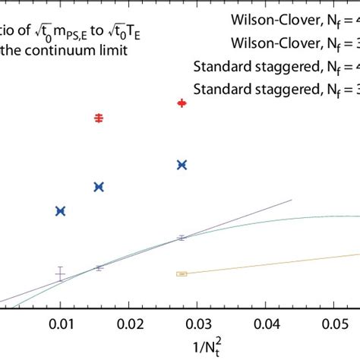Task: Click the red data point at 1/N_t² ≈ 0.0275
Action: pos(182,103)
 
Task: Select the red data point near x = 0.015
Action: pos(98,118)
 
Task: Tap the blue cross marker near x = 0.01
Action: pos(61,210)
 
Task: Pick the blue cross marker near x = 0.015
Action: pos(98,186)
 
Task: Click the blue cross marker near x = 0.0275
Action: pos(182,164)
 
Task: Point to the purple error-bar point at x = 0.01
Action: pos(61,274)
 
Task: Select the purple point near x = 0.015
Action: pos(98,267)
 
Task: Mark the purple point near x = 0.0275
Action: pos(181,238)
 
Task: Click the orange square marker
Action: pos(182,273)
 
